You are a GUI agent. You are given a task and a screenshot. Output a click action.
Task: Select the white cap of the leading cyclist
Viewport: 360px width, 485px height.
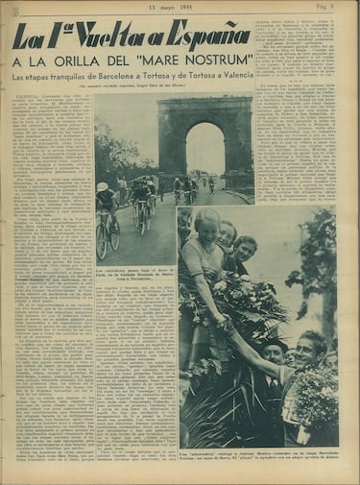tap(103, 186)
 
